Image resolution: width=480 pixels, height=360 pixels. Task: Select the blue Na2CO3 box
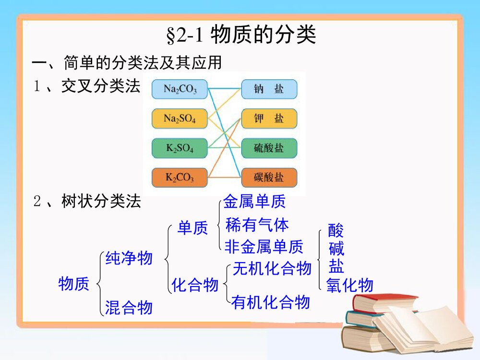click(180, 89)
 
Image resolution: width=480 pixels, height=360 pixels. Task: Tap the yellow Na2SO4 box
click(180, 119)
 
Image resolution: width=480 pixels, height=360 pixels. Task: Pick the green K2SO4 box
click(180, 148)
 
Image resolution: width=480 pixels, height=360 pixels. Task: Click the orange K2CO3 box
click(180, 178)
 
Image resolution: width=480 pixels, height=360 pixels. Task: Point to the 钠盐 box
click(269, 89)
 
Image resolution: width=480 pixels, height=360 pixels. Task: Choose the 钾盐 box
click(269, 119)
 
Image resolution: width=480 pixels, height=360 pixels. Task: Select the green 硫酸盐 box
click(269, 148)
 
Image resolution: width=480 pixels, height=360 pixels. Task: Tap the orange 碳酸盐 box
click(269, 178)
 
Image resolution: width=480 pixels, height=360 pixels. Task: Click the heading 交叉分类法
click(101, 86)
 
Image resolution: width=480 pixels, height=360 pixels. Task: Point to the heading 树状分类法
click(101, 202)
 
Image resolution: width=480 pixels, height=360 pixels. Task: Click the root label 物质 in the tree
click(74, 284)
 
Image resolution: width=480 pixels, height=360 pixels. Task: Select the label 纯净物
click(129, 258)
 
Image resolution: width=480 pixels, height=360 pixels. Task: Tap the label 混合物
click(129, 307)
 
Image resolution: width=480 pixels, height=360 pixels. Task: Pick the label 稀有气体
click(257, 224)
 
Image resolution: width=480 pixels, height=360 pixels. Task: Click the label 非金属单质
click(264, 247)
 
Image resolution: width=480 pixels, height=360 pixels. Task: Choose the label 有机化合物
click(270, 302)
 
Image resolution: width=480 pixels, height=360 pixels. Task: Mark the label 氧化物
click(349, 286)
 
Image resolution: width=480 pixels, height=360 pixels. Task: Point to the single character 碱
click(336, 249)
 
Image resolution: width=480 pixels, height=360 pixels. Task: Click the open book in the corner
click(422, 326)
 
